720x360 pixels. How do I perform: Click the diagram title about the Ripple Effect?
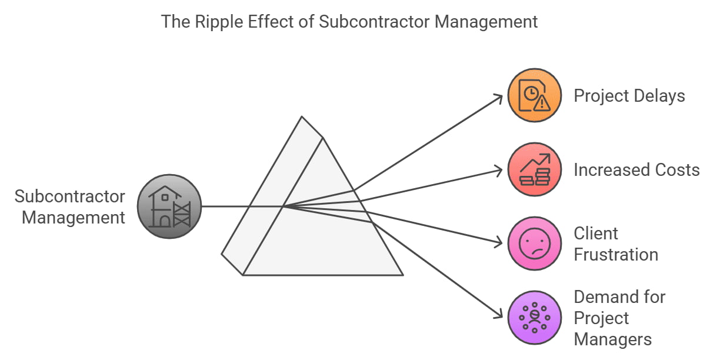(349, 22)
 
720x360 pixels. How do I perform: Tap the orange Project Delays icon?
(535, 95)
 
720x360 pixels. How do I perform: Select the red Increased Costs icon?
(535, 169)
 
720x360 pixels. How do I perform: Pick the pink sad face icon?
(535, 244)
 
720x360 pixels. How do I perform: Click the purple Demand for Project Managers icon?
(535, 318)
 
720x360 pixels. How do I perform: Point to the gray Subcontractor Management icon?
(169, 206)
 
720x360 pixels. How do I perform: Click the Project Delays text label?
(629, 95)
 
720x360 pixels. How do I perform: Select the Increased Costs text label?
(636, 170)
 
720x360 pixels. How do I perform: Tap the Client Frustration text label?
(615, 244)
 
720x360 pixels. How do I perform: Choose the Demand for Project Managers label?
(619, 318)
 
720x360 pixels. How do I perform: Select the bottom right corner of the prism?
(402, 275)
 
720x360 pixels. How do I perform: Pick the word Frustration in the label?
(615, 255)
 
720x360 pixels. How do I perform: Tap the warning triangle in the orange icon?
(542, 103)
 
